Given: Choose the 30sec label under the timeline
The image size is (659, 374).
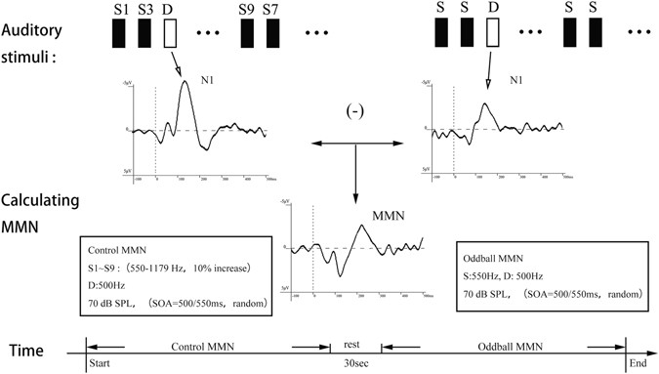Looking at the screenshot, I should click(355, 362).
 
